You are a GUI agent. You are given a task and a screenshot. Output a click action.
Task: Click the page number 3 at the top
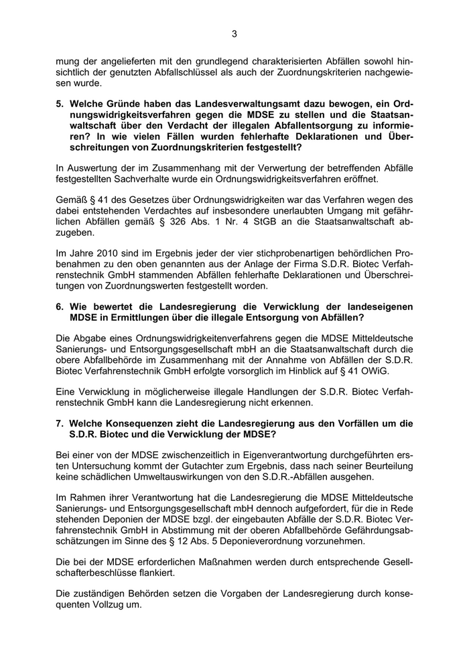click(234, 33)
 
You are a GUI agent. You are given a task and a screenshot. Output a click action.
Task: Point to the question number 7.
click(60, 423)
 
